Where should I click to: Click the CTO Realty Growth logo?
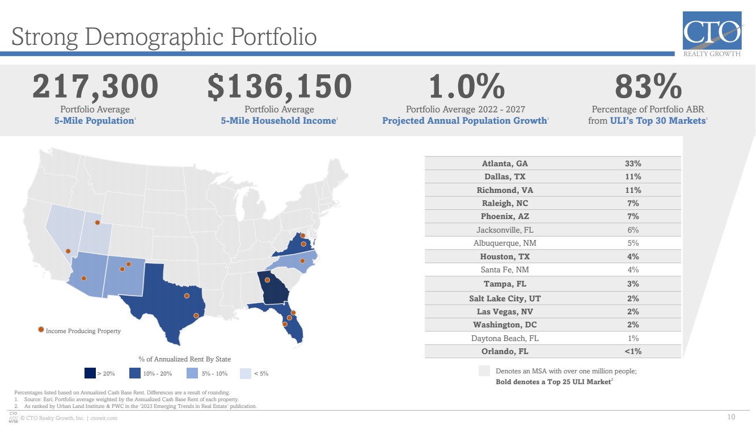click(712, 33)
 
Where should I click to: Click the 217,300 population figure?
click(95, 86)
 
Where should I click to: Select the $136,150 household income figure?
click(280, 86)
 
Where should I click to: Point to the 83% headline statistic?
click(648, 86)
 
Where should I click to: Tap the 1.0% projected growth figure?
click(466, 86)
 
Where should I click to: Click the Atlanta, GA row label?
click(505, 163)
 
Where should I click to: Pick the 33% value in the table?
click(633, 163)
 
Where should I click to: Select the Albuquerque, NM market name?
click(505, 243)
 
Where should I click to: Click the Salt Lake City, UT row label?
click(505, 298)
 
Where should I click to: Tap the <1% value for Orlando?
click(633, 351)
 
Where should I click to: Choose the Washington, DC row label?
click(505, 325)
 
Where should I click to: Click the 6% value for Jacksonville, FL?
click(633, 230)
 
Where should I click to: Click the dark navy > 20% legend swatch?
click(90, 373)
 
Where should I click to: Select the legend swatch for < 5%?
click(246, 373)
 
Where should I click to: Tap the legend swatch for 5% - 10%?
click(192, 373)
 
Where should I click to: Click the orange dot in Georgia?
click(267, 280)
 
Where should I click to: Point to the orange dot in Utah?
click(97, 222)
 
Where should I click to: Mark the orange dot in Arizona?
click(84, 278)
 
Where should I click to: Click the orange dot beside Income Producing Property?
click(41, 330)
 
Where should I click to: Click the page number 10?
click(731, 417)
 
